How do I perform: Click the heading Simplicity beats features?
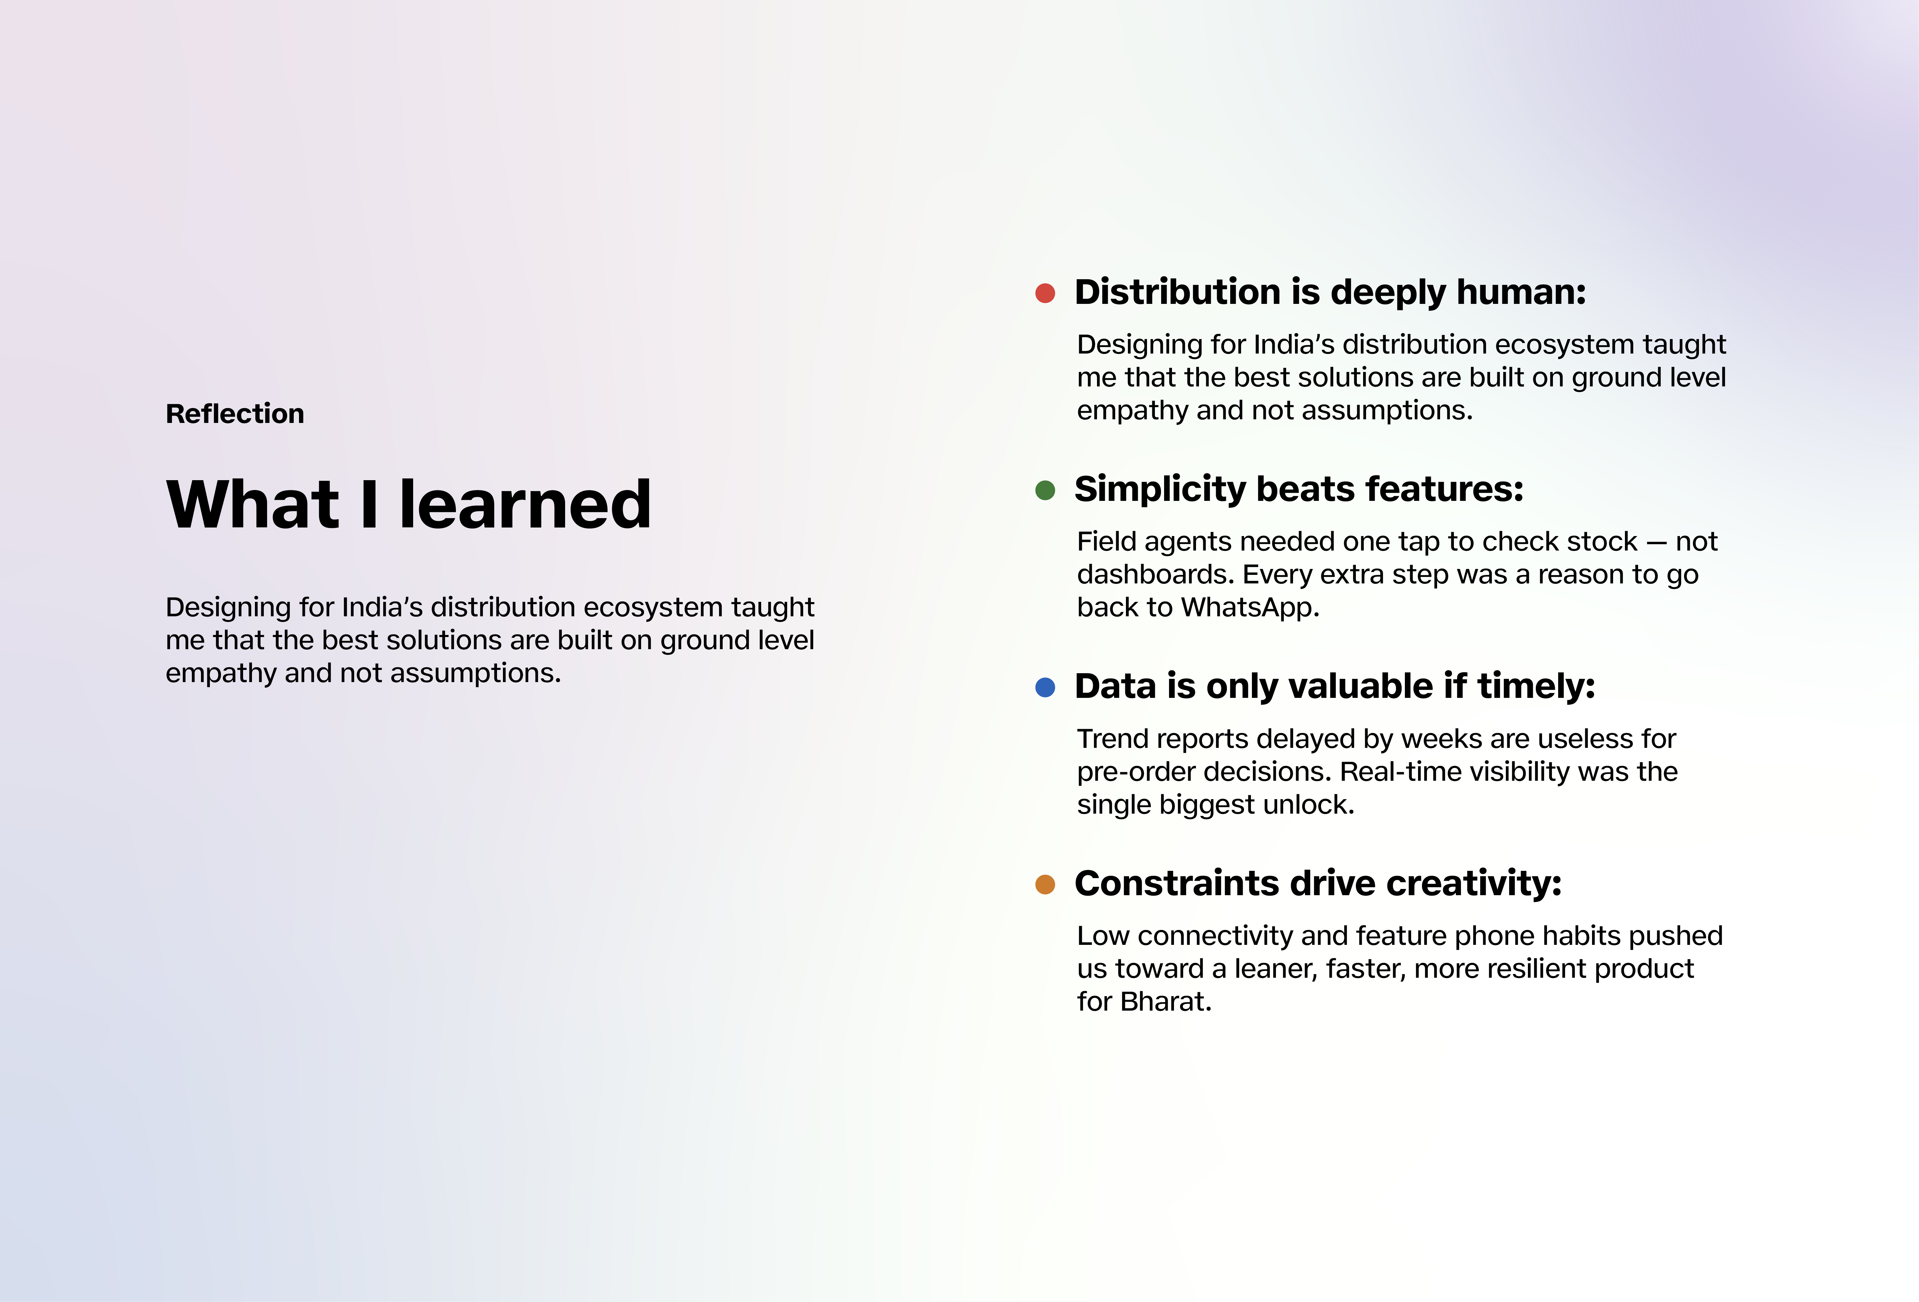1299,490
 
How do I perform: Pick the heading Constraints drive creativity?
1318,883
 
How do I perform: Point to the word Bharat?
1166,1001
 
